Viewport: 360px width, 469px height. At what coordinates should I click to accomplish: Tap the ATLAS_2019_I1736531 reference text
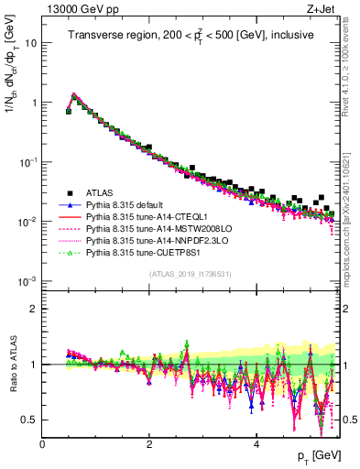tap(189, 274)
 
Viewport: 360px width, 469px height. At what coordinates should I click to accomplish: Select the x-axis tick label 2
tap(149, 444)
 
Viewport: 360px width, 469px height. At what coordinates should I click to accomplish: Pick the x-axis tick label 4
tap(256, 444)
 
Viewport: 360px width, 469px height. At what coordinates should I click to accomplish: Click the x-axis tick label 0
tap(42, 444)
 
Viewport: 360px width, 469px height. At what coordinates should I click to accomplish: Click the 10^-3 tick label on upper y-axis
tap(27, 280)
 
